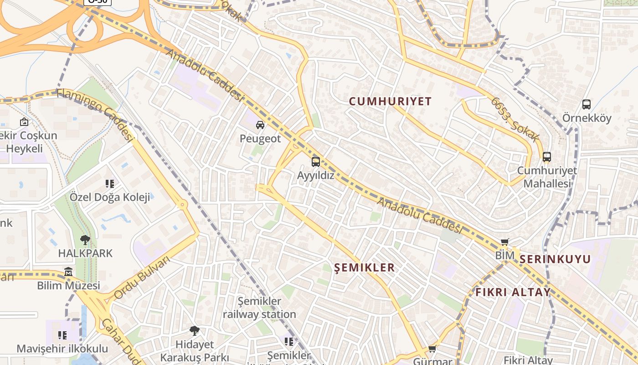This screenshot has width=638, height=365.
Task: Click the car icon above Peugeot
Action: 260,125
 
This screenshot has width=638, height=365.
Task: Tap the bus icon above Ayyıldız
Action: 315,162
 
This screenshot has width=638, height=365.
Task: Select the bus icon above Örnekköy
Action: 587,104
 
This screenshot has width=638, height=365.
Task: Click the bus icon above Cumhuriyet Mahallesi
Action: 547,157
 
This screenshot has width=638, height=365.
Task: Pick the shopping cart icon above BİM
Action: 504,242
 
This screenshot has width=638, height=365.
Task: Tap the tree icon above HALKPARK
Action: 85,240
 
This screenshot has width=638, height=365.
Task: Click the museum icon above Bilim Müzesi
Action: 68,272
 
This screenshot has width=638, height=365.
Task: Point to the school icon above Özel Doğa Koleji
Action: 109,183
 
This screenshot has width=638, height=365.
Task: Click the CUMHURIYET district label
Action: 390,101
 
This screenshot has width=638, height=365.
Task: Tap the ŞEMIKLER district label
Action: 365,267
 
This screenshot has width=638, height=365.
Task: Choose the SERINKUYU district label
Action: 555,259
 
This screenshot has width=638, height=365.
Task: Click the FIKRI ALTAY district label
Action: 513,292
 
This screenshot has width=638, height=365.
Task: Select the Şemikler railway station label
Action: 259,308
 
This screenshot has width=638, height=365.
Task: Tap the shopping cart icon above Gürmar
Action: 432,349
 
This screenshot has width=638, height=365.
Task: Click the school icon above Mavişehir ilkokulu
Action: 62,335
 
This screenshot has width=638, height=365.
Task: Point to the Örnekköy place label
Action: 587,118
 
